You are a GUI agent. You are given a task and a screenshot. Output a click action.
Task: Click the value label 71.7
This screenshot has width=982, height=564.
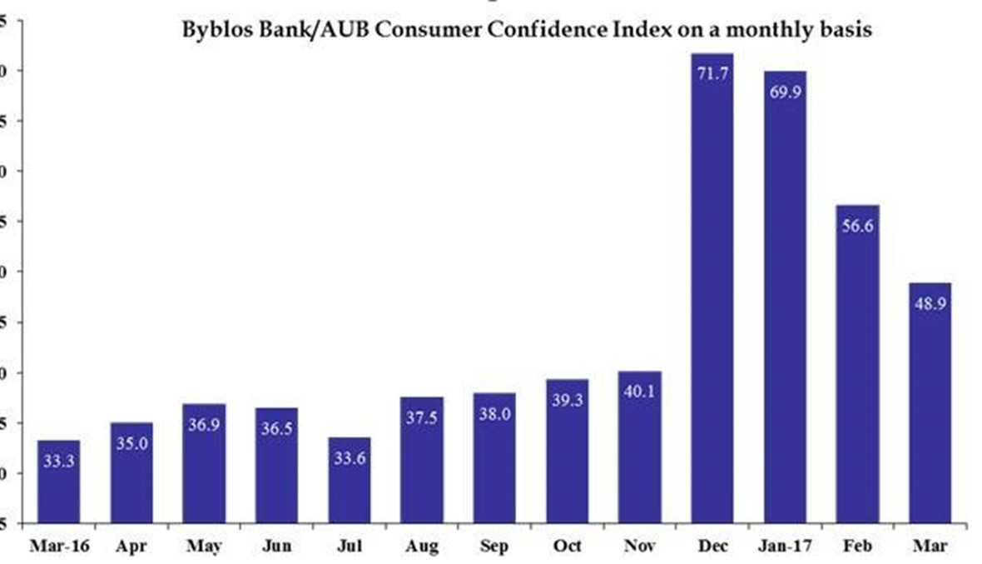tap(712, 74)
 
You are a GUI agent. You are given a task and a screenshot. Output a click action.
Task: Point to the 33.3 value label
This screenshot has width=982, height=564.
tap(59, 460)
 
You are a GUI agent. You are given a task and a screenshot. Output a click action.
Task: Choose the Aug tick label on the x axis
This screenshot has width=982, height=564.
tap(422, 546)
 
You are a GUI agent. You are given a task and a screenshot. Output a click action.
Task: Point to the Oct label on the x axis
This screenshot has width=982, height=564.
tap(567, 546)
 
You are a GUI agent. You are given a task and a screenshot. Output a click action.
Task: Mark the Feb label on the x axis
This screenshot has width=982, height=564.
tap(858, 546)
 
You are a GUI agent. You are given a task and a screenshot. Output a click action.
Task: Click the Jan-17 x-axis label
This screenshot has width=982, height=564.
tap(785, 546)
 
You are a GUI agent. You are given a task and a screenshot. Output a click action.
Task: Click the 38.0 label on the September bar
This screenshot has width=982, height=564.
tap(494, 414)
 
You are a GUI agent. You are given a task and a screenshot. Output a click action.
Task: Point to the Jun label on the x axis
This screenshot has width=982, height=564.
tap(276, 546)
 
